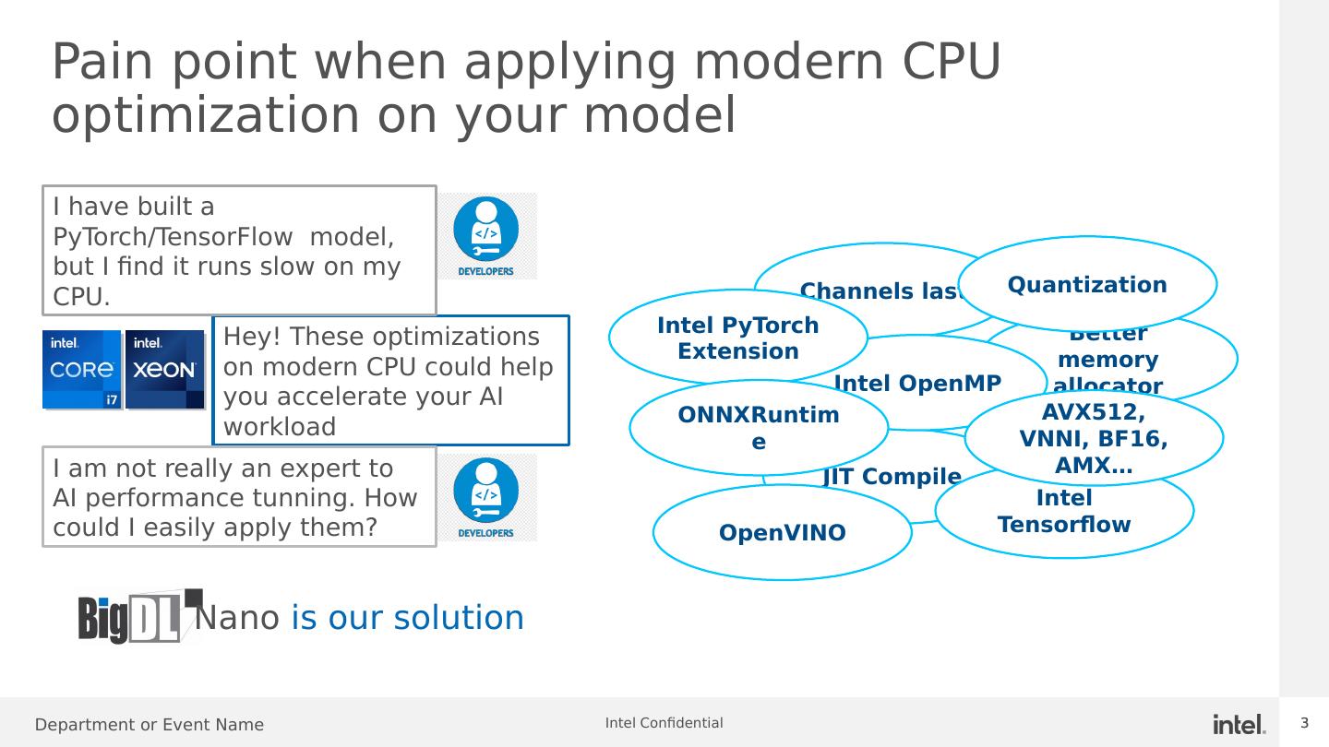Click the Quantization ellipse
point(1087,284)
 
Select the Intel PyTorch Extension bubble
point(737,338)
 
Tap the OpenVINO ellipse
point(782,533)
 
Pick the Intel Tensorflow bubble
point(1064,512)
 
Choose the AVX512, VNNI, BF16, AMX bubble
point(1094,438)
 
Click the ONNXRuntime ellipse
point(758,428)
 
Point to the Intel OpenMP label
point(916,383)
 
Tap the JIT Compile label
point(892,477)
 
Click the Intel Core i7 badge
point(82,369)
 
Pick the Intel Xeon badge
point(164,369)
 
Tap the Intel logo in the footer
point(1239,724)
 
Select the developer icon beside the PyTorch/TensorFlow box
point(486,236)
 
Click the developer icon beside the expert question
point(486,497)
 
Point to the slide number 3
point(1305,723)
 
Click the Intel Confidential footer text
point(664,723)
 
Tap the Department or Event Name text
point(150,725)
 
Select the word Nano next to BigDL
point(237,618)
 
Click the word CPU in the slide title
point(950,62)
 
